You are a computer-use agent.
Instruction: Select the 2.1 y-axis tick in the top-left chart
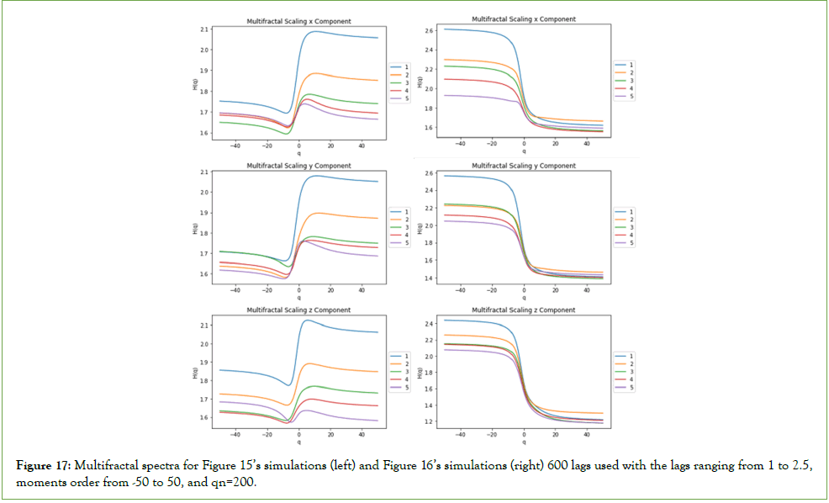(205, 29)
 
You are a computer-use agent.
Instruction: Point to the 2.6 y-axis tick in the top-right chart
(429, 30)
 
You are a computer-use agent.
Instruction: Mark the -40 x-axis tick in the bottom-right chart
(461, 434)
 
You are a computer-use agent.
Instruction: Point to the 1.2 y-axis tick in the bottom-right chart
(429, 421)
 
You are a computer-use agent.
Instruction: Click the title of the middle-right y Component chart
(523, 167)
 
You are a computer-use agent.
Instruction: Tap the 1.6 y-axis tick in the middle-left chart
(205, 274)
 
